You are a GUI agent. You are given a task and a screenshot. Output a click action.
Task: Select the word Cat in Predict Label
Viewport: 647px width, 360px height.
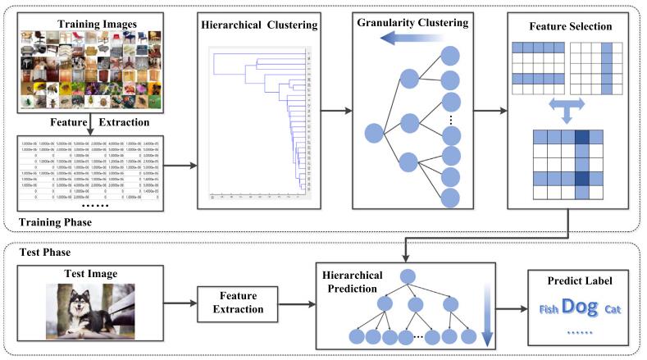coord(613,310)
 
